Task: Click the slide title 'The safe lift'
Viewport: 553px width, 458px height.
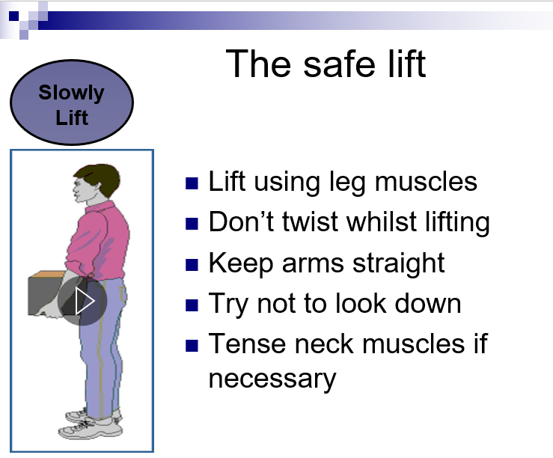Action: [x=326, y=64]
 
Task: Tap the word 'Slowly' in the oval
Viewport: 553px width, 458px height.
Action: [x=71, y=93]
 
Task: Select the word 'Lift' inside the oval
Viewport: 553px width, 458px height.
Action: [x=72, y=117]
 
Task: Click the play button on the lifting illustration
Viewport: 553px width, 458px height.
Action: [x=82, y=301]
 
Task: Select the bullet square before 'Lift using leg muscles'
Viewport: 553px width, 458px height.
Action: [x=192, y=183]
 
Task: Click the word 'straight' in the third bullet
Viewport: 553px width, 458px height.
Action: [x=399, y=263]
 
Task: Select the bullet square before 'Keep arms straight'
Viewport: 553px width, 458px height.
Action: [x=192, y=265]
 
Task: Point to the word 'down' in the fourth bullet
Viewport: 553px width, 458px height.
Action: [x=428, y=303]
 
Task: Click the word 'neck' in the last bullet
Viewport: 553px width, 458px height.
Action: [x=324, y=343]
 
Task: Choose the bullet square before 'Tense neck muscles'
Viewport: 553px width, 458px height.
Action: [x=192, y=346]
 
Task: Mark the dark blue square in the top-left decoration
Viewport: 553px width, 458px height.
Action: [x=13, y=16]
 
